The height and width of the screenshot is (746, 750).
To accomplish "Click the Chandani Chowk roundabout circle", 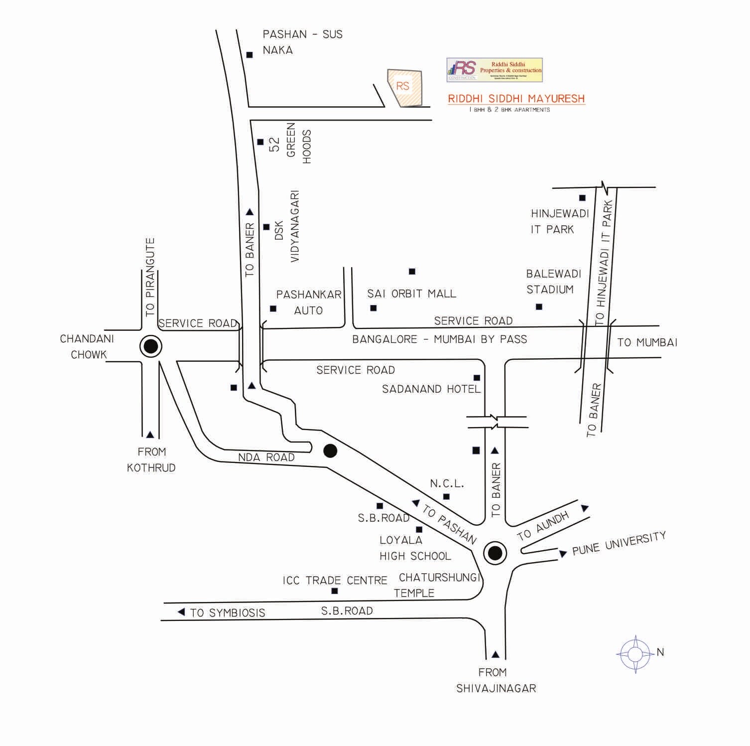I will (x=150, y=346).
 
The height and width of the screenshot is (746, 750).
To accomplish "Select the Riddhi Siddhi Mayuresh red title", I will (x=516, y=99).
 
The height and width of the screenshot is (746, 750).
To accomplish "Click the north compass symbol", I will (x=635, y=654).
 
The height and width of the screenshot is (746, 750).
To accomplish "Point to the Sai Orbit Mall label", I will (x=411, y=294).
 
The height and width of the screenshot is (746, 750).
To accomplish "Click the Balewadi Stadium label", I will (x=553, y=282).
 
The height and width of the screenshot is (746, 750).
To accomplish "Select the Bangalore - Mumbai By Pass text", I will (x=439, y=339).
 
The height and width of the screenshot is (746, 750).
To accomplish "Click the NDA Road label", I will (x=266, y=457).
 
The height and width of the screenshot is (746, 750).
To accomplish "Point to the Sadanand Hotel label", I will (x=431, y=389).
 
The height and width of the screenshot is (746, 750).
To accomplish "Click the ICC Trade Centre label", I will (x=335, y=581).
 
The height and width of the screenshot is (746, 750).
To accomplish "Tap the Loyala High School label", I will (x=414, y=548).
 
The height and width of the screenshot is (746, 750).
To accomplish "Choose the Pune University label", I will (x=619, y=543).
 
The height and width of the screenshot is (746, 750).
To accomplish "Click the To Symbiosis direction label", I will (x=228, y=613).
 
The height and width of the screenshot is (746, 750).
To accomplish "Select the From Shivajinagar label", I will (x=496, y=680).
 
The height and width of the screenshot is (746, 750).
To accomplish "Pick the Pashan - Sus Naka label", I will (x=302, y=42).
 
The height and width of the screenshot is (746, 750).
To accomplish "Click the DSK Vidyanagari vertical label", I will (x=287, y=226).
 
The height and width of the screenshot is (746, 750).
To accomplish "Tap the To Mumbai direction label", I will (x=647, y=342).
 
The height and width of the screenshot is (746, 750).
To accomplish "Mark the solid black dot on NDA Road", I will (x=330, y=451).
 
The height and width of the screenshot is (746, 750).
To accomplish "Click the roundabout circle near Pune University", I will (x=495, y=553).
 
